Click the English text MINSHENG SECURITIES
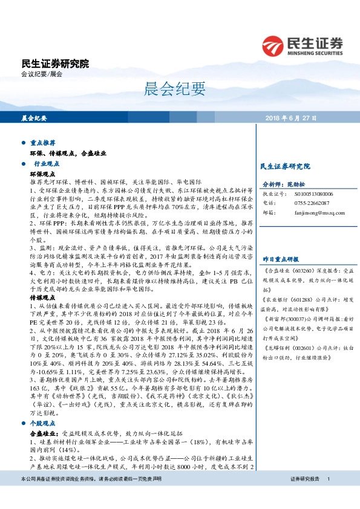pyautogui.click(x=316, y=52)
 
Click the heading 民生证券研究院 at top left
pyautogui.click(x=54, y=63)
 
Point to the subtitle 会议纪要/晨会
pyautogui.click(x=42, y=74)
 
